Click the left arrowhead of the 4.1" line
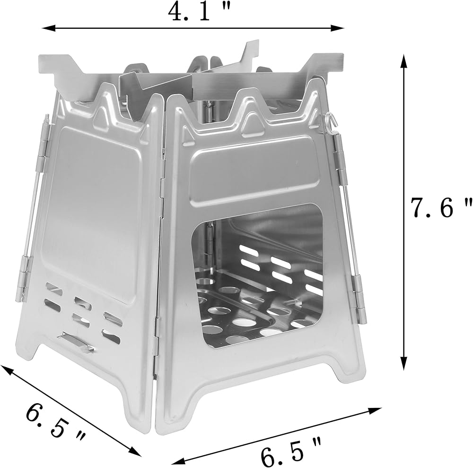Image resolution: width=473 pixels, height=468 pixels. pyautogui.click(x=48, y=28)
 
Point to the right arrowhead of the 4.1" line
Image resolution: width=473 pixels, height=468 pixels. pyautogui.click(x=338, y=28)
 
